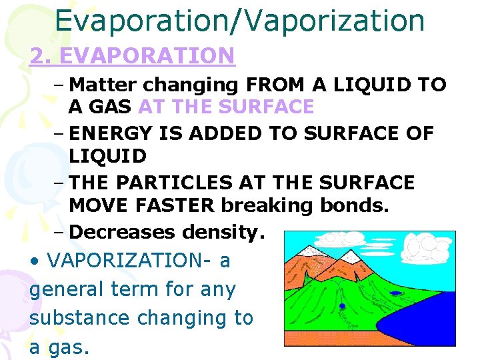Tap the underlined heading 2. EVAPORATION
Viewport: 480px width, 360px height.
pos(132,55)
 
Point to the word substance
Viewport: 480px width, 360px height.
pos(79,317)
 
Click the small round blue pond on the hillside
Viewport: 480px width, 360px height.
pos(342,306)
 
